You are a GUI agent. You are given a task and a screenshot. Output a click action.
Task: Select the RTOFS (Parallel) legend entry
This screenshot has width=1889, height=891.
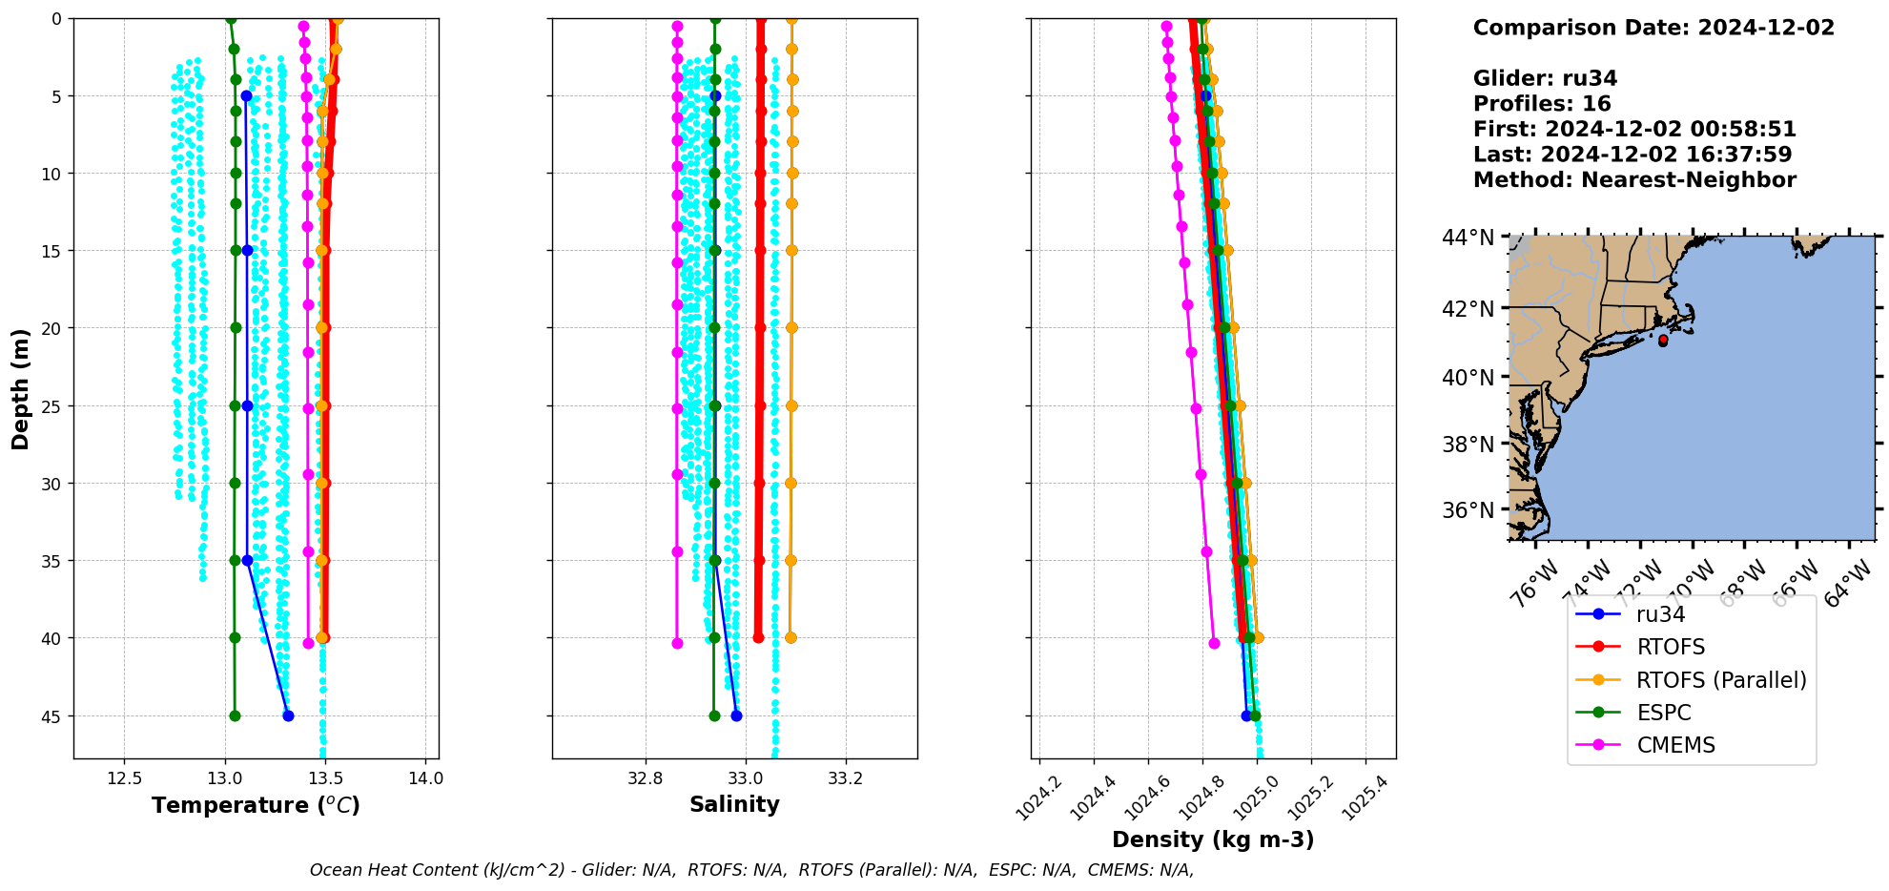(x=1721, y=680)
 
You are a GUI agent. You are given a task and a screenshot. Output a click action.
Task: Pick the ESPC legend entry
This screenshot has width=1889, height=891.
(x=1663, y=713)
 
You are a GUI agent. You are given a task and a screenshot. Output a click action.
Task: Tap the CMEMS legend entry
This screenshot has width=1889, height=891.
(x=1675, y=745)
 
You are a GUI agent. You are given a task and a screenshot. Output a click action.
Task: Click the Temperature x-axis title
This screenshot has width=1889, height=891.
(x=256, y=805)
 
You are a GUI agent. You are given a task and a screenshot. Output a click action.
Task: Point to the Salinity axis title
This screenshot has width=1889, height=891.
(x=734, y=804)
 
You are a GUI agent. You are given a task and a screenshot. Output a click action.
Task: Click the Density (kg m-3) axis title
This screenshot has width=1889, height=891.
(x=1213, y=839)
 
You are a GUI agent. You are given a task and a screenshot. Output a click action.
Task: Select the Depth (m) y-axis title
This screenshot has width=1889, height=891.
(x=20, y=388)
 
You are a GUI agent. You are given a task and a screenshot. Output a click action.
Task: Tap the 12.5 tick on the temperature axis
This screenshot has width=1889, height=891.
(x=124, y=778)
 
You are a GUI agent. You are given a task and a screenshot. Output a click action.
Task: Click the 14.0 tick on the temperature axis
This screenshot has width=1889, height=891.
(x=425, y=778)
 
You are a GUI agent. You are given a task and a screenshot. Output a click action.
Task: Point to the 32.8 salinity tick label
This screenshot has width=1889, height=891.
(x=646, y=778)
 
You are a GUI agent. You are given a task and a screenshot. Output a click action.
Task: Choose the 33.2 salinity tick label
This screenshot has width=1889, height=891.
(x=845, y=778)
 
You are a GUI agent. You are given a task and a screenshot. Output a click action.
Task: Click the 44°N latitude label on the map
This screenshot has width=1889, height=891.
(x=1468, y=237)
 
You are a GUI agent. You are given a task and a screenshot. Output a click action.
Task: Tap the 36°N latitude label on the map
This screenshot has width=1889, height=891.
(x=1468, y=510)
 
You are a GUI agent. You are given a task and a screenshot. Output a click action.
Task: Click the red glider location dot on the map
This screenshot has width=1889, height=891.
(x=1663, y=340)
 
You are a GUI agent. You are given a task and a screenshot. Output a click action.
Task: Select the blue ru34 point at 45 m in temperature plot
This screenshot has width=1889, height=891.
(x=288, y=715)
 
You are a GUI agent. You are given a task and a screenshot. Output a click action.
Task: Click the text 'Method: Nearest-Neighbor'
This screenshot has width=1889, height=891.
(x=1634, y=180)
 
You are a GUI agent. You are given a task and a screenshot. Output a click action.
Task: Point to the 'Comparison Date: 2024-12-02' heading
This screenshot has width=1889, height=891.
(x=1653, y=28)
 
